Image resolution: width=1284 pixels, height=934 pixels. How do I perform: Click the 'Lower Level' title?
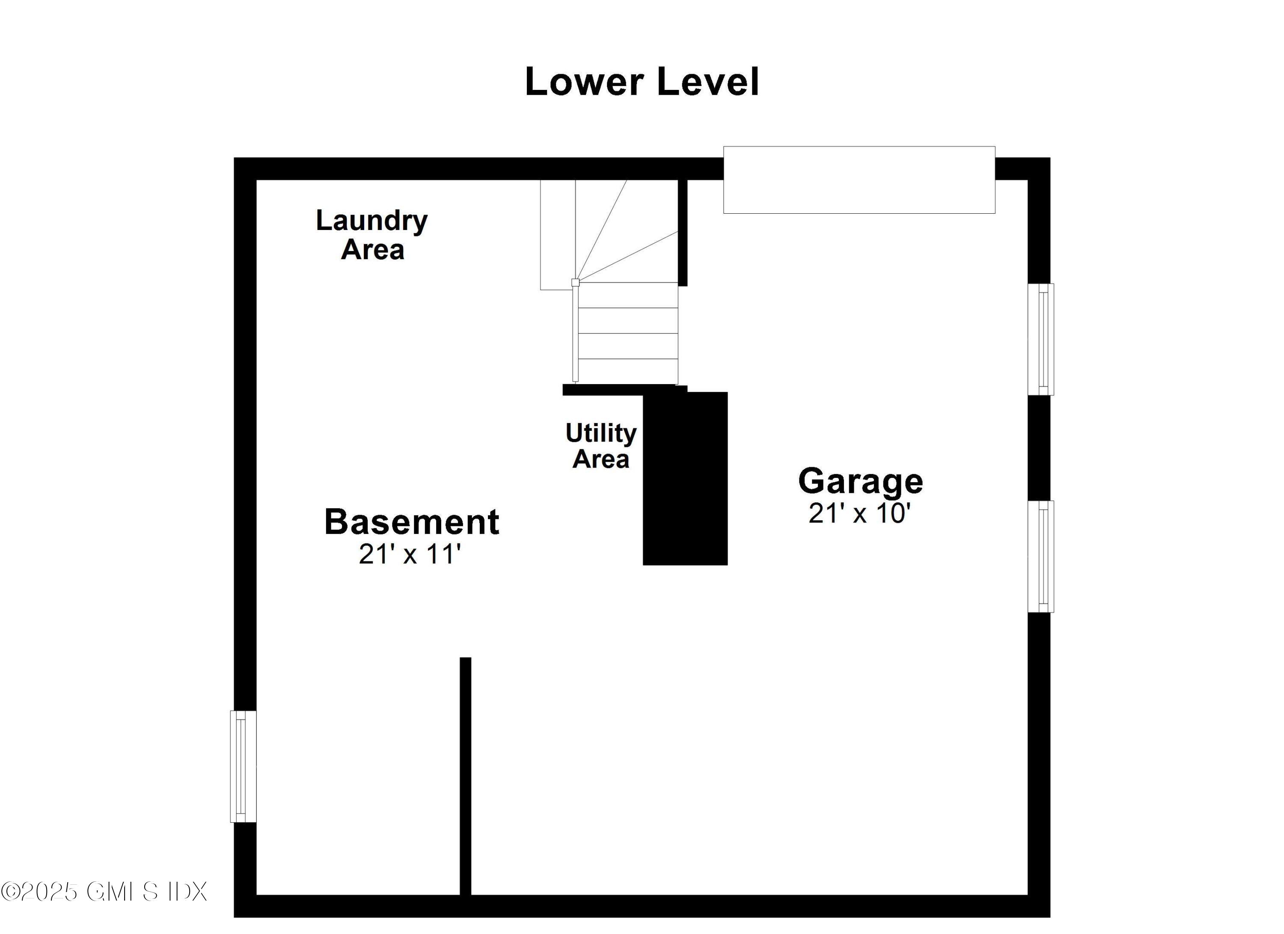(642, 82)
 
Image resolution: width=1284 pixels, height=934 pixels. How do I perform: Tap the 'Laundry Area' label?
(372, 235)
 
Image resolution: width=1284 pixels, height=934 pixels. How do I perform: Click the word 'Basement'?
(412, 522)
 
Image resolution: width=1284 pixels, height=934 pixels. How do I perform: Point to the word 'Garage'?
(861, 481)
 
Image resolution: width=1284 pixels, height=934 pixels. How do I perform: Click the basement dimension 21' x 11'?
(410, 554)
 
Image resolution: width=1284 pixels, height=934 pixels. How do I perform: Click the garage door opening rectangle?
(859, 180)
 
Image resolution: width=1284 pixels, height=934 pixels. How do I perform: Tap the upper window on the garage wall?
(1040, 339)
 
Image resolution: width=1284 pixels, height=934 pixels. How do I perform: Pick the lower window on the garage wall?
(1040, 556)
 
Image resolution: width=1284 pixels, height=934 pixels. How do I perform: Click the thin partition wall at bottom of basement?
(465, 776)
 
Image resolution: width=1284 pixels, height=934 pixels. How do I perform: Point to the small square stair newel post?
(575, 282)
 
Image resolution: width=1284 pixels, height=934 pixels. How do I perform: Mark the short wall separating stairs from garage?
(683, 232)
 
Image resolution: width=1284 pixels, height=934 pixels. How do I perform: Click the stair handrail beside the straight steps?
(575, 334)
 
